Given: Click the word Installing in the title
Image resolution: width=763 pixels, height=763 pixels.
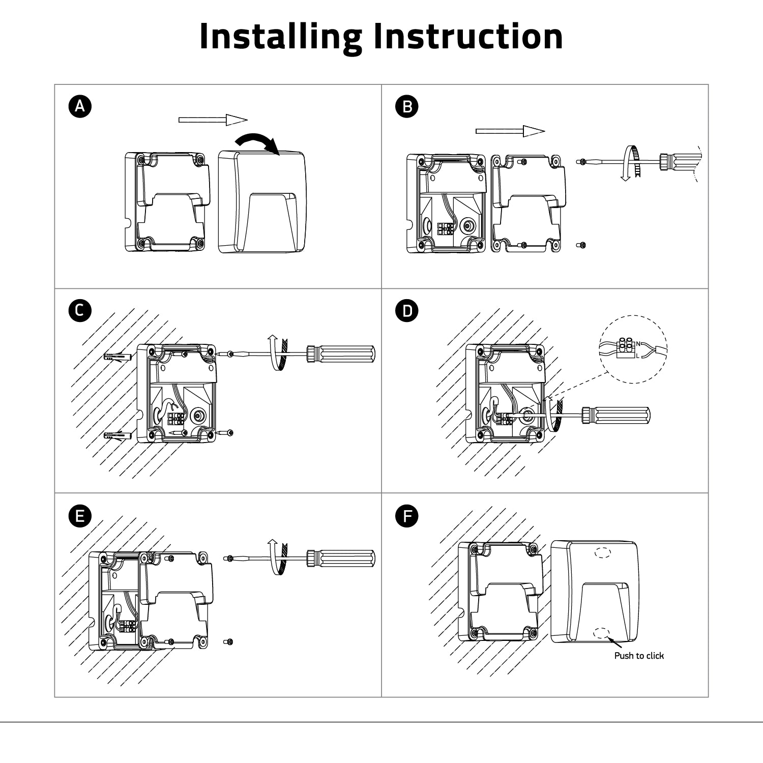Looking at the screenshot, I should pyautogui.click(x=280, y=37).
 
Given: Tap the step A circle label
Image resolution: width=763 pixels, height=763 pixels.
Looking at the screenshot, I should pyautogui.click(x=80, y=106).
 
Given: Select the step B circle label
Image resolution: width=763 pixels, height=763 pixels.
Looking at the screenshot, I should pyautogui.click(x=407, y=106).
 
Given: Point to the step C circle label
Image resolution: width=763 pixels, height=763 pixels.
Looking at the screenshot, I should pyautogui.click(x=80, y=310).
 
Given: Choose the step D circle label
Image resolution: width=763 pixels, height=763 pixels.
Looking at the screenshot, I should pyautogui.click(x=407, y=310).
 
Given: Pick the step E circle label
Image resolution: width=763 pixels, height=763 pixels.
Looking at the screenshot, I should pyautogui.click(x=80, y=516).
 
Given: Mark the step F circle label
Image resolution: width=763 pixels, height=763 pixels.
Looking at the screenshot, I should pyautogui.click(x=407, y=516).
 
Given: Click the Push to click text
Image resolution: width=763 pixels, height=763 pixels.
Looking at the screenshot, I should pyautogui.click(x=639, y=656).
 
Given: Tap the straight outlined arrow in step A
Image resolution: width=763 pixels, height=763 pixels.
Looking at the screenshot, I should pyautogui.click(x=213, y=120).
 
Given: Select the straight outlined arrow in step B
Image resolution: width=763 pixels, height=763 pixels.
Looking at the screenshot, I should pyautogui.click(x=510, y=131).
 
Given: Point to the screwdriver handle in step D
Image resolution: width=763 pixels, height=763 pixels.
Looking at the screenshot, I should pyautogui.click(x=617, y=415).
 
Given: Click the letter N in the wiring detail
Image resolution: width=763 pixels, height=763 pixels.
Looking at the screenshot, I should pyautogui.click(x=638, y=344).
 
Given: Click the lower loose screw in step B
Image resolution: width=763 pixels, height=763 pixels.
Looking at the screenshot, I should pyautogui.click(x=582, y=245).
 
